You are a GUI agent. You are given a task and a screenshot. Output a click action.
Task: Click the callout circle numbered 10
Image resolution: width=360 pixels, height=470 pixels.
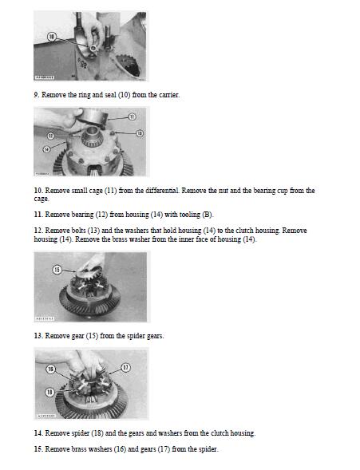[52, 38]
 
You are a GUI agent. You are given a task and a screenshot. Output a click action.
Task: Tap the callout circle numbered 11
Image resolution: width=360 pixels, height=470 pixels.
[133, 117]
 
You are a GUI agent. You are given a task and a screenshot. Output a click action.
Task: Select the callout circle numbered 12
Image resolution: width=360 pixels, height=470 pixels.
[51, 136]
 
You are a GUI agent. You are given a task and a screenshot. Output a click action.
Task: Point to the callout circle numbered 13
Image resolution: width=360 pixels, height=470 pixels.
[140, 133]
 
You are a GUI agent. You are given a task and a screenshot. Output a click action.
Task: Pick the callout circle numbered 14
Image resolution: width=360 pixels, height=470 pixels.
[46, 149]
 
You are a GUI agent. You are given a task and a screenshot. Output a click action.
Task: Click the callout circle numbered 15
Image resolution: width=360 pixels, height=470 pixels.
[57, 270]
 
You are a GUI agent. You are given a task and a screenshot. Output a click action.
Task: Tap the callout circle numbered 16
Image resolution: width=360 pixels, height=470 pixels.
[50, 369]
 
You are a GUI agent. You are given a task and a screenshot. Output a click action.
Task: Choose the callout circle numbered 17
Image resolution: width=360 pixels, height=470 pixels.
[126, 368]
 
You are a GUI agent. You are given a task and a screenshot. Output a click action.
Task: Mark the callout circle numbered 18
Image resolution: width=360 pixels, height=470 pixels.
[49, 392]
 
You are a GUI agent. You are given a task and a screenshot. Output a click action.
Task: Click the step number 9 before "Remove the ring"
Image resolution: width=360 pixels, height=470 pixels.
[36, 95]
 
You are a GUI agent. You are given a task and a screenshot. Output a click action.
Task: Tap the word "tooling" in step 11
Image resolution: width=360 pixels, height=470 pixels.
[190, 215]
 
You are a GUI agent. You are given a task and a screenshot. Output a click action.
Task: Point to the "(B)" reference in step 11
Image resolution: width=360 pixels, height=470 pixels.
[207, 215]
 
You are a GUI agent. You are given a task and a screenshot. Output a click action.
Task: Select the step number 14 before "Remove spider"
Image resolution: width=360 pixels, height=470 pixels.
[38, 433]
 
